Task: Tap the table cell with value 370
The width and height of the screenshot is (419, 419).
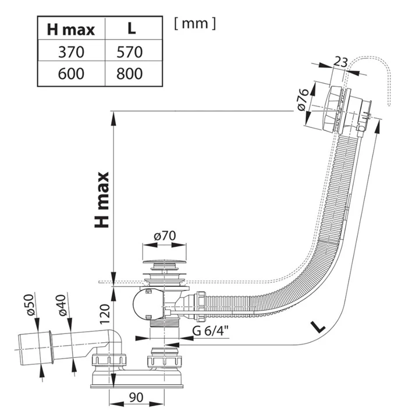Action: coord(71,52)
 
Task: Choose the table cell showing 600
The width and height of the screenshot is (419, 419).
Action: coord(71,74)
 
